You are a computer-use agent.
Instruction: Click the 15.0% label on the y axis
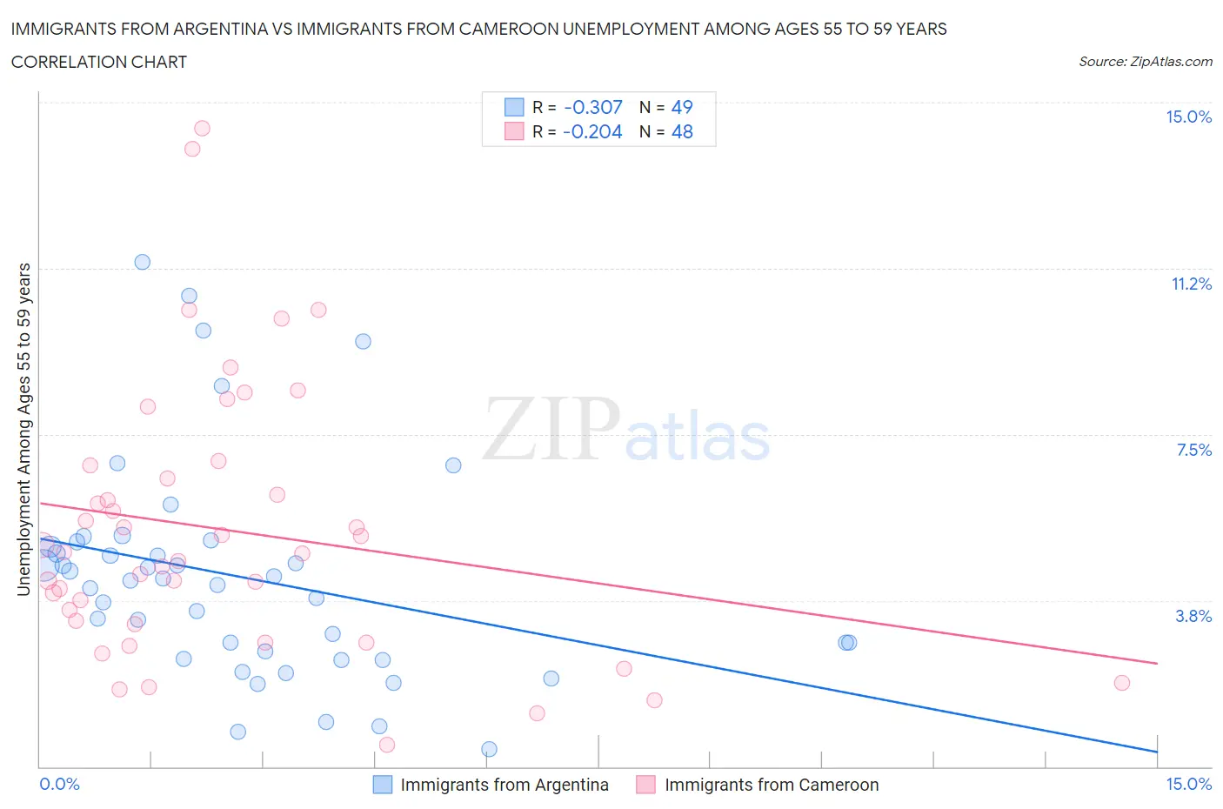[1188, 117]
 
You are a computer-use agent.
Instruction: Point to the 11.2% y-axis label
[1191, 284]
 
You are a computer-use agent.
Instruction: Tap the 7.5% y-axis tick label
[1193, 450]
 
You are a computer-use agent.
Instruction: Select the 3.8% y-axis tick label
[1193, 616]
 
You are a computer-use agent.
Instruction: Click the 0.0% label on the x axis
[59, 784]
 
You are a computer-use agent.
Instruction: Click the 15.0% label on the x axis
[1188, 784]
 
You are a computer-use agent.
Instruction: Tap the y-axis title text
[23, 429]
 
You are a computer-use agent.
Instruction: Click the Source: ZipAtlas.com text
[1145, 62]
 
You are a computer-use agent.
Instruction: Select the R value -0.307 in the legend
[593, 107]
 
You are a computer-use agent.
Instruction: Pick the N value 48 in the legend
[682, 131]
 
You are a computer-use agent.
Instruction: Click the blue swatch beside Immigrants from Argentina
[383, 785]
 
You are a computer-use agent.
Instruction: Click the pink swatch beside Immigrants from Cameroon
[645, 785]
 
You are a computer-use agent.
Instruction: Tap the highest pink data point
[202, 128]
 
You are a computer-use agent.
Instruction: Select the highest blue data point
[143, 262]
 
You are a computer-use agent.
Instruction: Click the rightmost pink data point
[1122, 683]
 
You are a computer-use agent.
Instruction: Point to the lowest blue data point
[489, 749]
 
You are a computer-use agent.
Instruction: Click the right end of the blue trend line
[1157, 751]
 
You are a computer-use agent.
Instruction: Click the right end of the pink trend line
[1157, 663]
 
